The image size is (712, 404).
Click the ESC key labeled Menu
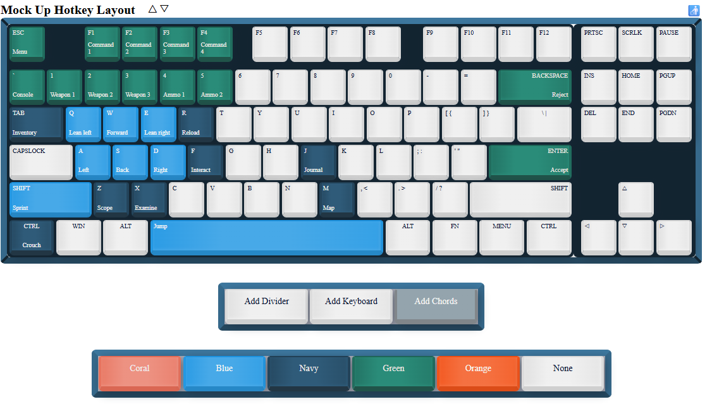pos(27,43)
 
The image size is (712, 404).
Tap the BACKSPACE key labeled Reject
pos(534,86)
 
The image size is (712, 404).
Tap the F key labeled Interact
pos(205,161)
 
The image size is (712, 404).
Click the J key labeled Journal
pos(317,161)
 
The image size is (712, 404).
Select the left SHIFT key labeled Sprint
pos(51,199)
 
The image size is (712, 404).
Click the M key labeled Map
pos(336,199)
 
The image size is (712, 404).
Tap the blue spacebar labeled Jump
pos(266,236)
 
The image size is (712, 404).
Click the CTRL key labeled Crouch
pos(32,236)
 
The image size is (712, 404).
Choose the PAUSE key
pos(673,43)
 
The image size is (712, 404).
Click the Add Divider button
pos(266,305)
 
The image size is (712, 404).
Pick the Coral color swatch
pos(140,372)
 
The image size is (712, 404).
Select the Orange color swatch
pos(478,372)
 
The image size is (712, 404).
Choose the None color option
pos(562,372)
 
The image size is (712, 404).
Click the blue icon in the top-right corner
pos(694,10)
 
